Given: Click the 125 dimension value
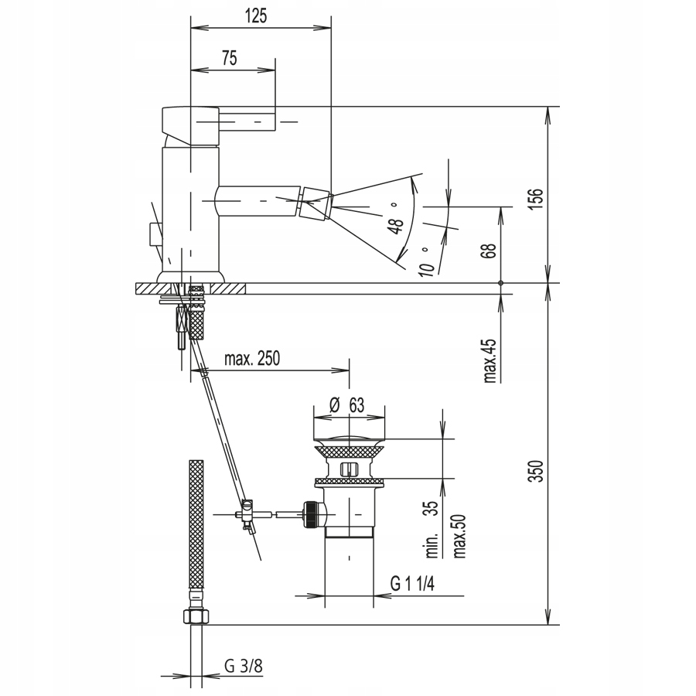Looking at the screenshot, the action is [x=256, y=16].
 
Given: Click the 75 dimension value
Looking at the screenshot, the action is [x=230, y=58].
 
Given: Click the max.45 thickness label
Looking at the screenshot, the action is [x=490, y=360].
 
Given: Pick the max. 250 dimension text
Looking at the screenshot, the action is [x=252, y=358].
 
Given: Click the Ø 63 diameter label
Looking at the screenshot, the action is [x=346, y=404].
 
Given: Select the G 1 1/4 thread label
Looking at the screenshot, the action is [x=412, y=583].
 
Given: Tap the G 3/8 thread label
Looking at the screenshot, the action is [x=244, y=666].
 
